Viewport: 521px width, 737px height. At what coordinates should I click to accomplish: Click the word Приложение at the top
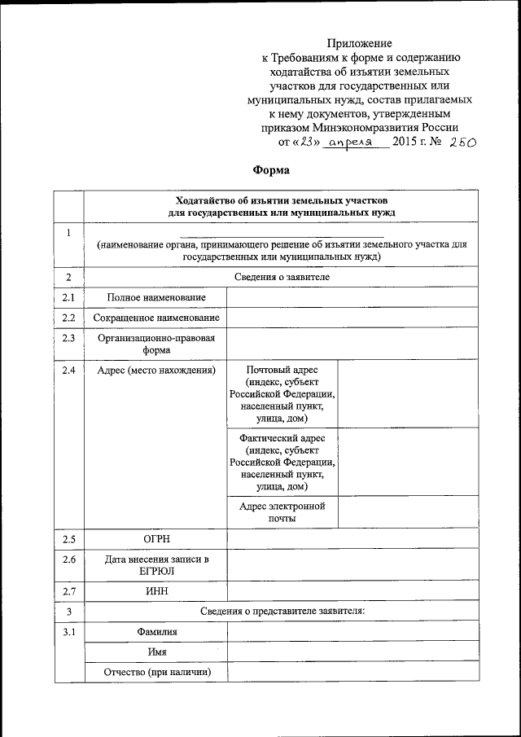pyautogui.click(x=360, y=42)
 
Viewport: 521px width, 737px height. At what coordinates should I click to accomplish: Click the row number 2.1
pyautogui.click(x=68, y=298)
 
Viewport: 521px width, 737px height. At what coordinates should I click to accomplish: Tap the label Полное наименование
pyautogui.click(x=155, y=298)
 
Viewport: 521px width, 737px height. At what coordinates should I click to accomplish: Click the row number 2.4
pyautogui.click(x=68, y=371)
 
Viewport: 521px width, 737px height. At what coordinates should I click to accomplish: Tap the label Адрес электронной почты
pyautogui.click(x=282, y=512)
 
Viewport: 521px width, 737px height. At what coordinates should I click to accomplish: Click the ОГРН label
pyautogui.click(x=155, y=539)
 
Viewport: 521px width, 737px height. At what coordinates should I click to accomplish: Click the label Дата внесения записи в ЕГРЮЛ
pyautogui.click(x=155, y=565)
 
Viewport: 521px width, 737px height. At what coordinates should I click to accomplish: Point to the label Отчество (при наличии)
pyautogui.click(x=155, y=672)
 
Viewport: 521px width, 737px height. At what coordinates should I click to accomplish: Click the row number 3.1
pyautogui.click(x=68, y=632)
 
